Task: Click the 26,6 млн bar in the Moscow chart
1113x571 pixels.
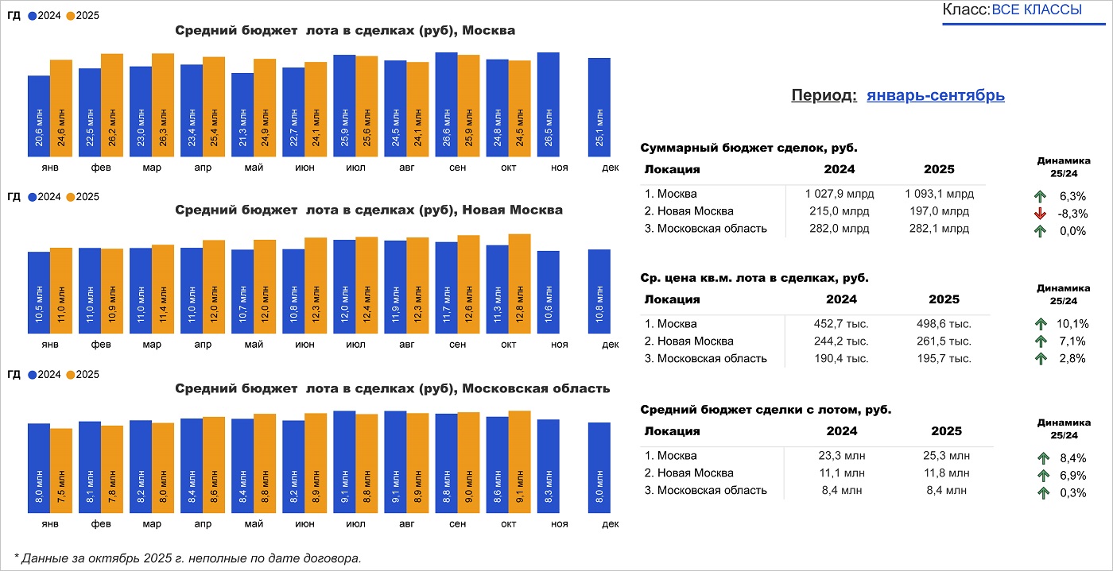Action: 446,105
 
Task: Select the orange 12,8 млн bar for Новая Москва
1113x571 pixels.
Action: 519,284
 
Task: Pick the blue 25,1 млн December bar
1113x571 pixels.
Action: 599,107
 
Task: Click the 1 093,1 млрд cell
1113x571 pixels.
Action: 939,194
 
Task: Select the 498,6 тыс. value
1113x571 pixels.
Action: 944,324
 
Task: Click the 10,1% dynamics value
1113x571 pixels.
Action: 1073,324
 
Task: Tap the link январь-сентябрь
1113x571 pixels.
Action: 935,95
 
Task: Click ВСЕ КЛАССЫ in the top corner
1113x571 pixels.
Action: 1037,10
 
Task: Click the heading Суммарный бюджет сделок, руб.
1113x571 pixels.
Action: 749,148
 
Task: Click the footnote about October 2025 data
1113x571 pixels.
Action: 188,558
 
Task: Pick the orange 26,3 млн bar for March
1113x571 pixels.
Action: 163,105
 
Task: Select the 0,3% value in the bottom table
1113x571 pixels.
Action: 1073,492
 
